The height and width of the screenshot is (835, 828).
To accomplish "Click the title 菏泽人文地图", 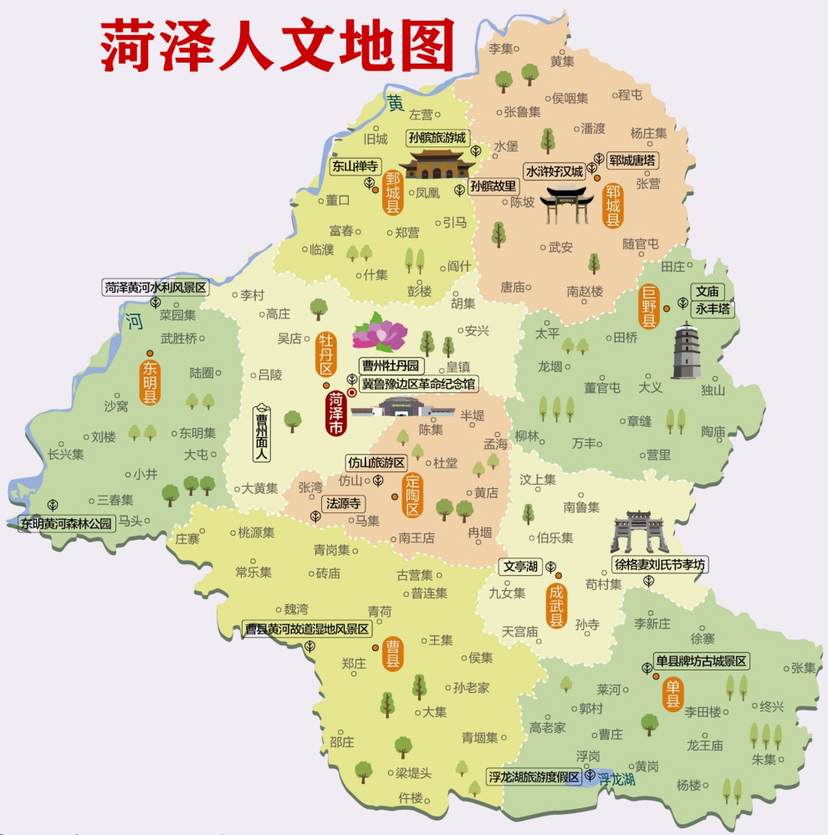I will tap(277, 45).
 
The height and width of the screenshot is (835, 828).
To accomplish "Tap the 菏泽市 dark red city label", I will tap(335, 413).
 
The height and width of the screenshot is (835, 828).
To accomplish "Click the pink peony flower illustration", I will tap(379, 333).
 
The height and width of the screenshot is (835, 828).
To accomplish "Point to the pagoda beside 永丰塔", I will tap(690, 351).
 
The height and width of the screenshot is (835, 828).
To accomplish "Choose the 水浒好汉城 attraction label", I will tap(554, 171).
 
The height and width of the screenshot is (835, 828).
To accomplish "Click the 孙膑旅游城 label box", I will tap(437, 138).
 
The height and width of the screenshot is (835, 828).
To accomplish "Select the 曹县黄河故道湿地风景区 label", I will tap(307, 629).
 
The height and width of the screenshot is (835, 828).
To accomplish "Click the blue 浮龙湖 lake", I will tap(616, 779).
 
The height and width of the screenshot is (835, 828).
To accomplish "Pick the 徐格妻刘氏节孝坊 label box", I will tap(661, 565).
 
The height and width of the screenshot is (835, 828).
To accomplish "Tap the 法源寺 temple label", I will tap(343, 504).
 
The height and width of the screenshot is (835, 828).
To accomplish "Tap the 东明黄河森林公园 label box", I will tap(67, 524).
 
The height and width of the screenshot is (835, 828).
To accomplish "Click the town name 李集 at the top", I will tap(500, 48).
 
